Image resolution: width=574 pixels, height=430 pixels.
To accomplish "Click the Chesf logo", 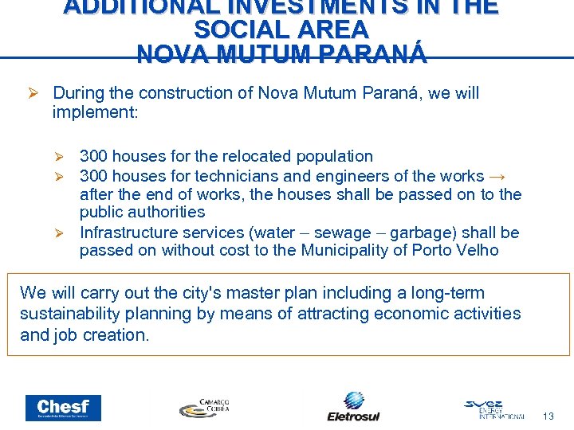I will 63,408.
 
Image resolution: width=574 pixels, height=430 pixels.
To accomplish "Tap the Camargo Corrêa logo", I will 204,407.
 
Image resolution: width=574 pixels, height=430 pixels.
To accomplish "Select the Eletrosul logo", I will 353,406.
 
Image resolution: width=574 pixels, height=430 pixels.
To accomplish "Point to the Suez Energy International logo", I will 494,408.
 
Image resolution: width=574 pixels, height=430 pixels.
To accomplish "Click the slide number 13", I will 548,416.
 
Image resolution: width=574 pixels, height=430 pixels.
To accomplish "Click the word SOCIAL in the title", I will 240,30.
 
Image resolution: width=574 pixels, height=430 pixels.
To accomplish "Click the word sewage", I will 343,233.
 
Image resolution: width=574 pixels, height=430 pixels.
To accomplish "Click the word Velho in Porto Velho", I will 478,251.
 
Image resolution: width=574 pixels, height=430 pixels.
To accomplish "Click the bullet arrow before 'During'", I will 33,94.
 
